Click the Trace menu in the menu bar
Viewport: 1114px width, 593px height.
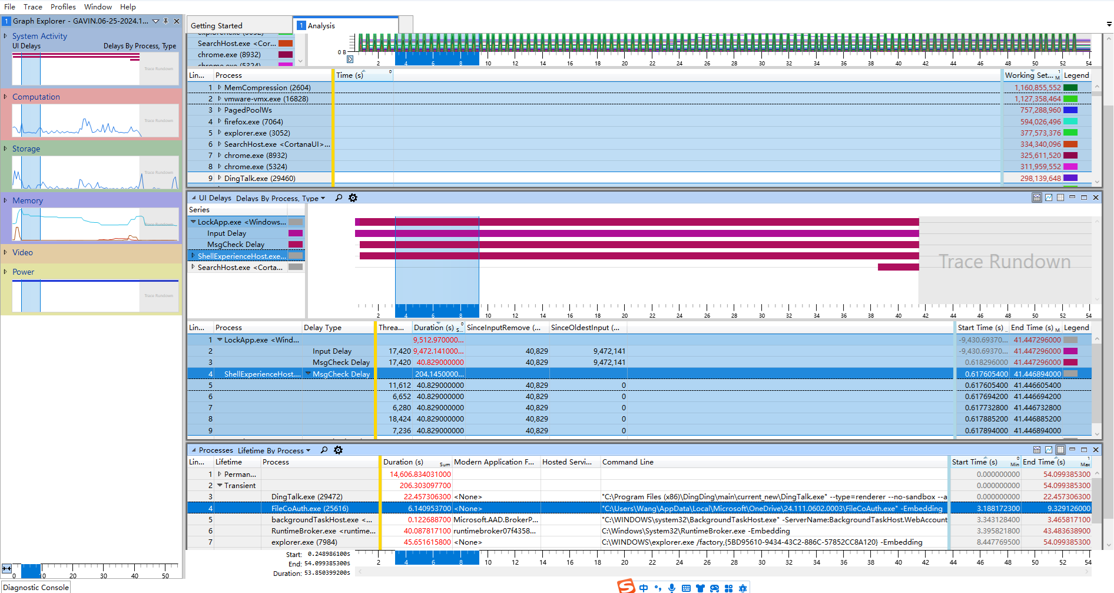click(x=33, y=7)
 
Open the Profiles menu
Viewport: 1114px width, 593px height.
click(x=63, y=7)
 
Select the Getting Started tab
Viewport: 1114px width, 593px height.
click(x=217, y=26)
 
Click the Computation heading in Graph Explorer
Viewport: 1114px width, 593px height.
click(x=36, y=97)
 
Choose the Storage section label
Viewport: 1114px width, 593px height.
click(x=26, y=149)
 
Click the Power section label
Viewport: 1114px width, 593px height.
click(x=24, y=272)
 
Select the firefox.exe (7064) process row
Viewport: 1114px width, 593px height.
click(x=253, y=122)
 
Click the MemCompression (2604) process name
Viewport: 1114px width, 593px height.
click(x=267, y=88)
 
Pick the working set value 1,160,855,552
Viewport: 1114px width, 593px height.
click(x=1037, y=88)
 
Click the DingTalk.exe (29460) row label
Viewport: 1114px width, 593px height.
click(x=260, y=179)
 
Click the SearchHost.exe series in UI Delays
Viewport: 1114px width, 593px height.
click(x=240, y=268)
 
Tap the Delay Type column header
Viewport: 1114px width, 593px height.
click(x=323, y=328)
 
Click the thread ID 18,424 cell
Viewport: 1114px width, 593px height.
click(x=400, y=419)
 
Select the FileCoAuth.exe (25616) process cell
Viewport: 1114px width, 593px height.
click(x=310, y=509)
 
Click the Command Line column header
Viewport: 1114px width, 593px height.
click(x=628, y=462)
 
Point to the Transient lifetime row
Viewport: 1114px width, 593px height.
click(x=240, y=486)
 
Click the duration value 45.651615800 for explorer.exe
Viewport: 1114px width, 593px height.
click(x=427, y=542)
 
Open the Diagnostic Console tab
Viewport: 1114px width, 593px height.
click(x=36, y=588)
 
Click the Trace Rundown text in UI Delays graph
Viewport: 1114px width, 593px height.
click(x=1004, y=262)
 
